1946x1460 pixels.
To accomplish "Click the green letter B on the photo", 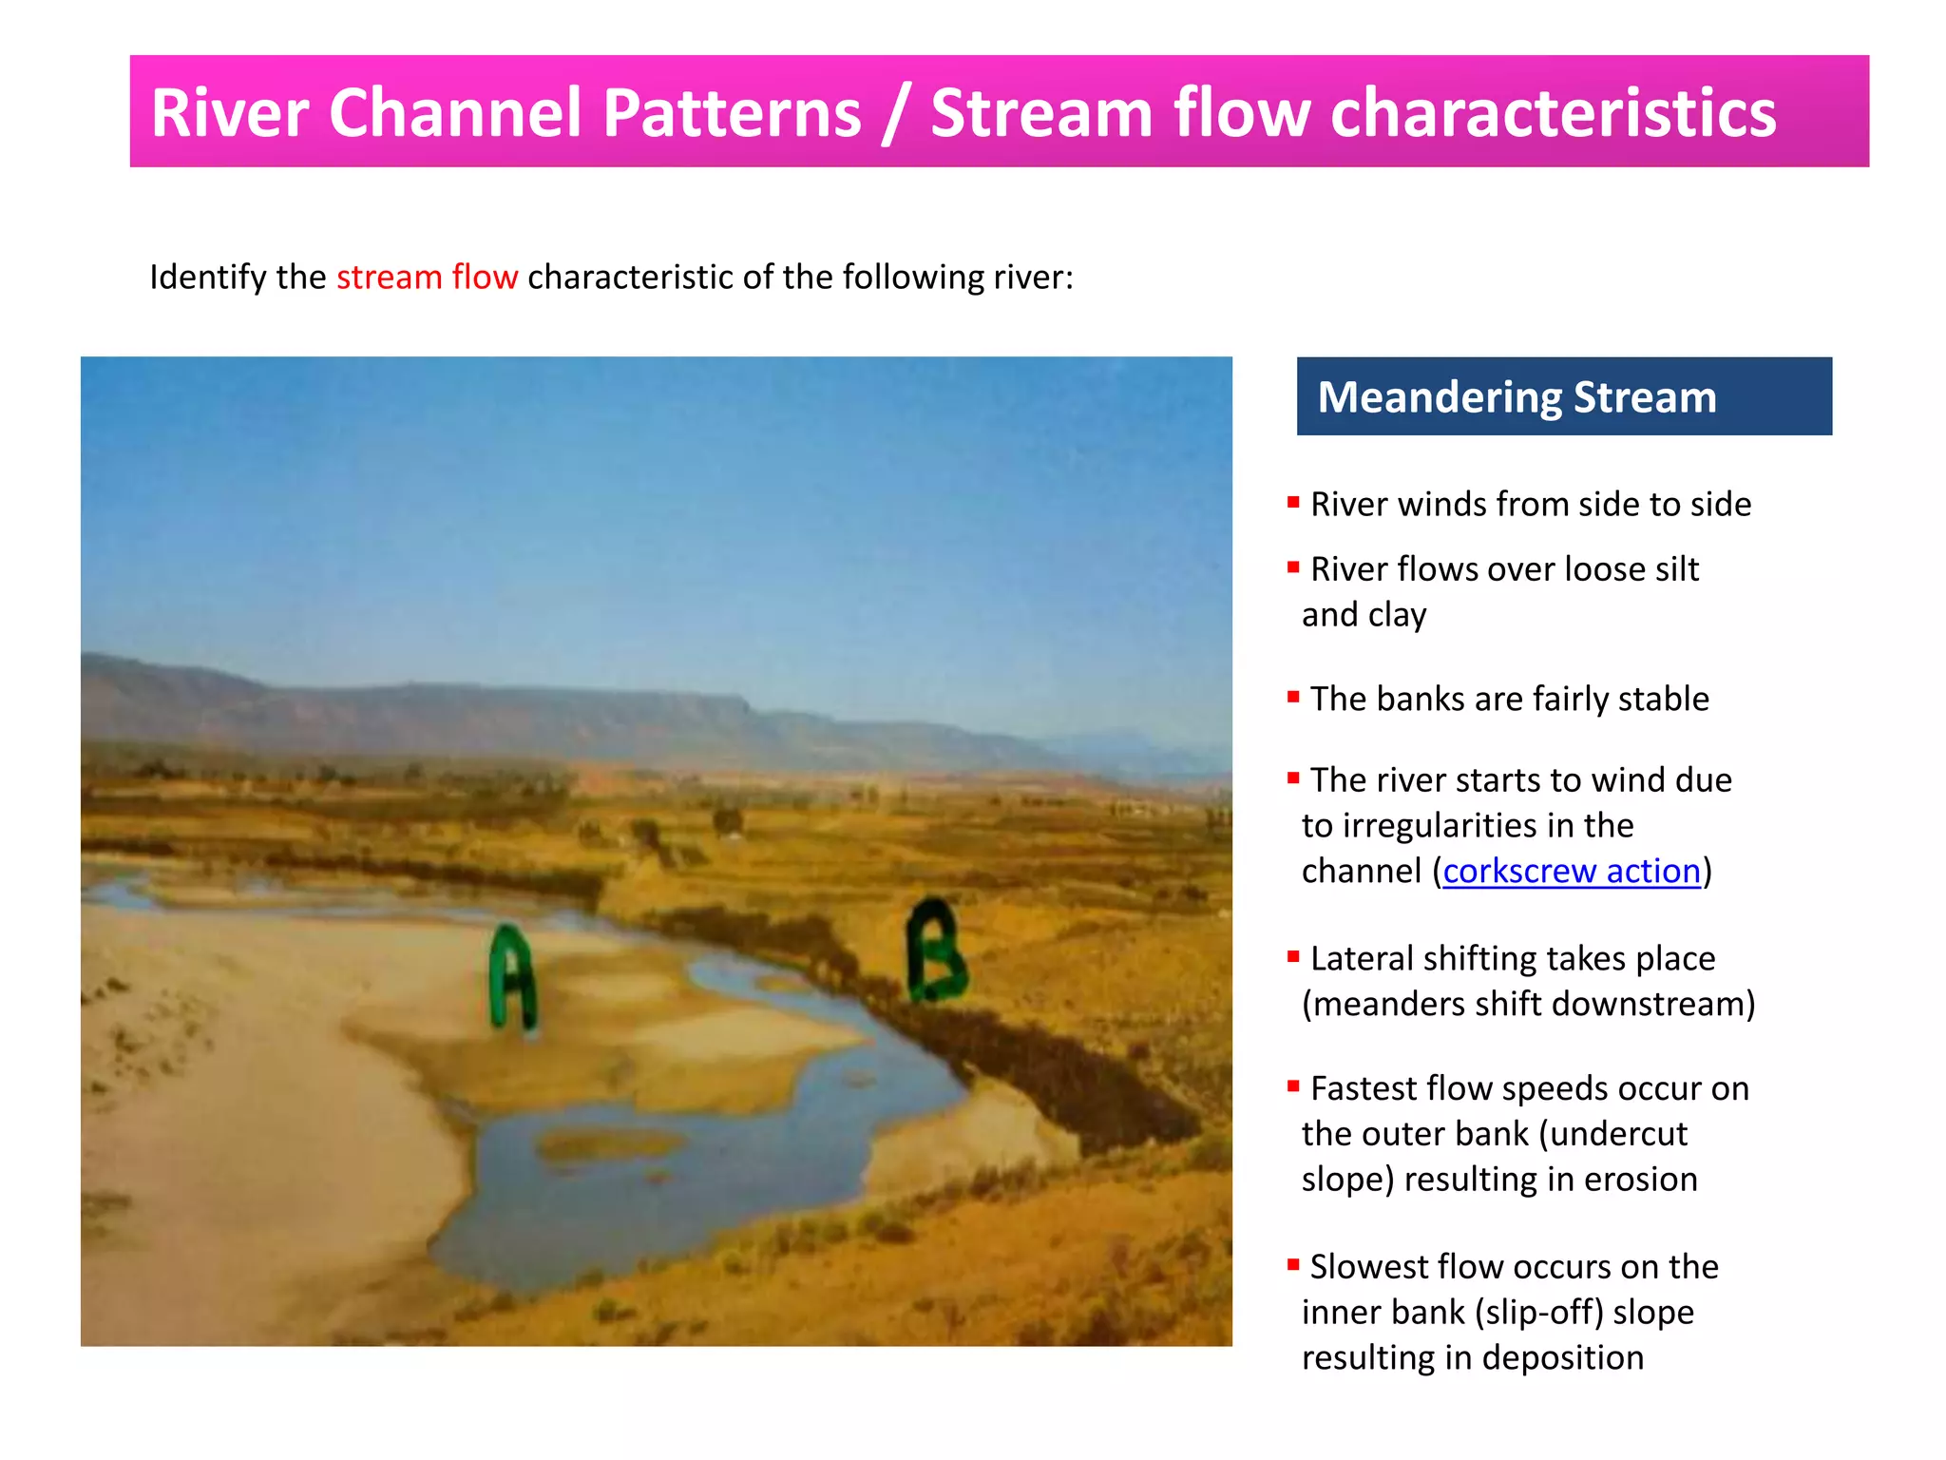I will coord(936,951).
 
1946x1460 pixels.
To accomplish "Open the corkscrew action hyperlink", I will coord(1571,871).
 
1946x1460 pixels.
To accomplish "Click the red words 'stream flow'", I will coord(427,277).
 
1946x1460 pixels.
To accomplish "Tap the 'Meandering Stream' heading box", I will coord(1563,396).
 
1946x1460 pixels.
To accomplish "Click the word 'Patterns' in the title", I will coord(732,112).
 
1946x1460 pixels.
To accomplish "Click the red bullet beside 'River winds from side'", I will coord(1293,501).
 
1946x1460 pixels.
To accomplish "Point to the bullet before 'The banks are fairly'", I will coord(1293,696).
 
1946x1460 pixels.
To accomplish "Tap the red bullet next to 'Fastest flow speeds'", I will coord(1293,1085).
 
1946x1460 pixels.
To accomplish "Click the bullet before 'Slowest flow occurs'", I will coord(1293,1264).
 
